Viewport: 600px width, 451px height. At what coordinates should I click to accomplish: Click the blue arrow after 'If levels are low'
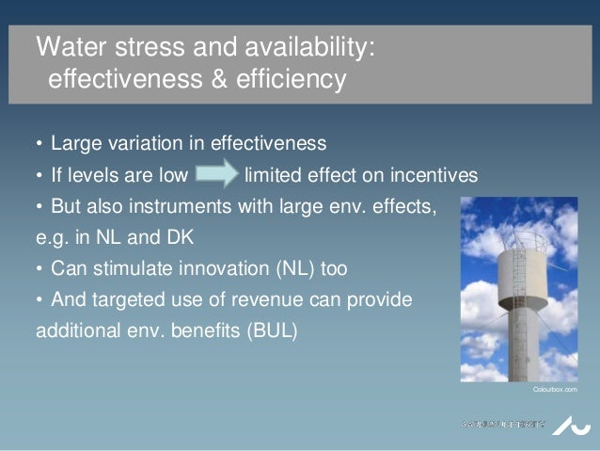[217, 175]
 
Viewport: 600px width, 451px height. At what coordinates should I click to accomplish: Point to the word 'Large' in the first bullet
[76, 144]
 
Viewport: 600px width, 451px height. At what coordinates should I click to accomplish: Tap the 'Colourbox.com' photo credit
[553, 389]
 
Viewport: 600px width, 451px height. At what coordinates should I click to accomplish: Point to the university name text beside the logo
[502, 424]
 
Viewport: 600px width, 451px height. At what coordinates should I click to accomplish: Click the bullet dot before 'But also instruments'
[39, 206]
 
